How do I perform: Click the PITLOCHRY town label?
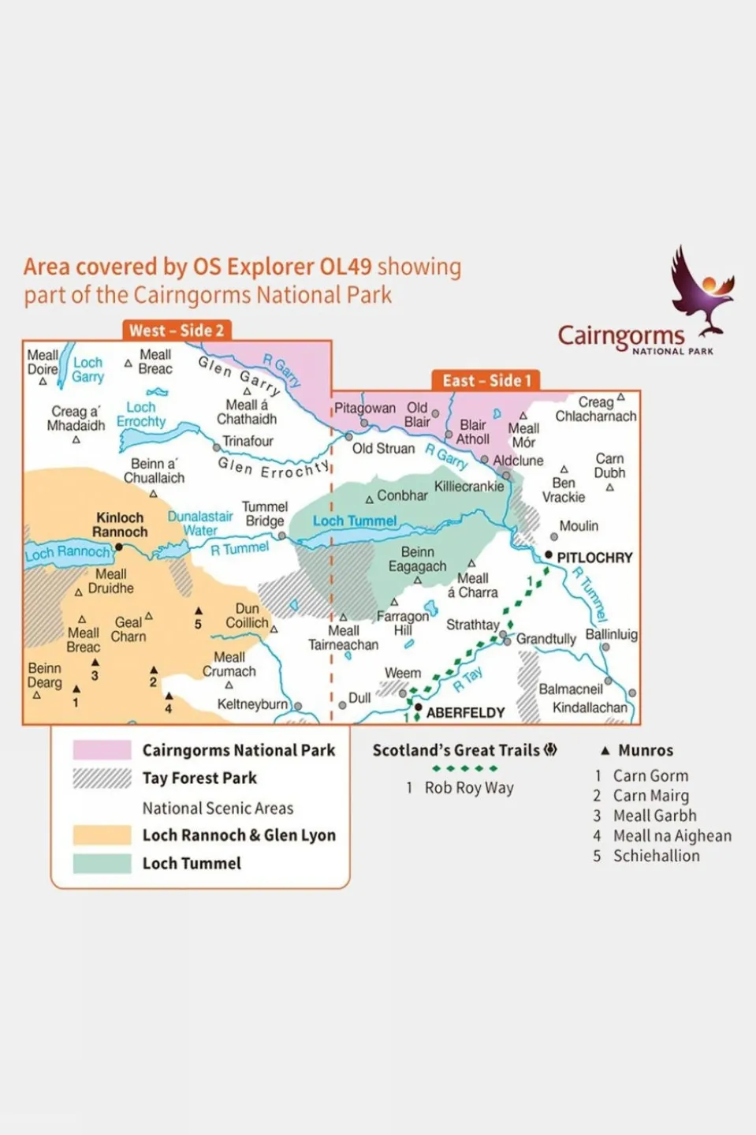tap(594, 558)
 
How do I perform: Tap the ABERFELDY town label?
tap(465, 712)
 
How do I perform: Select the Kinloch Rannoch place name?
tap(120, 525)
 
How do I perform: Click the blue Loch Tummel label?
tap(355, 521)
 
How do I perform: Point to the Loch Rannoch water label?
tap(68, 552)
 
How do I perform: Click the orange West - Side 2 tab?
tap(177, 330)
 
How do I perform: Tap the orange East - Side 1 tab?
tap(486, 381)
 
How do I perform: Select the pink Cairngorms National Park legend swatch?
tap(102, 750)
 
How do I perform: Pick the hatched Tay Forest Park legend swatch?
tap(102, 778)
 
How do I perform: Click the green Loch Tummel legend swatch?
tap(102, 864)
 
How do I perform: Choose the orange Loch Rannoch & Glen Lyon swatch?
tap(102, 835)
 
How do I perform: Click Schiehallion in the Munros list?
tap(656, 856)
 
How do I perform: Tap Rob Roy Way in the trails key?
tap(469, 788)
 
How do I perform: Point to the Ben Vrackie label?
tap(564, 490)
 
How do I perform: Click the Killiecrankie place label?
tap(469, 487)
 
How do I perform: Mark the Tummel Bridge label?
tap(264, 513)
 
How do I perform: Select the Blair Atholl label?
tap(473, 431)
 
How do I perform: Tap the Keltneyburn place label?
tap(252, 704)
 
